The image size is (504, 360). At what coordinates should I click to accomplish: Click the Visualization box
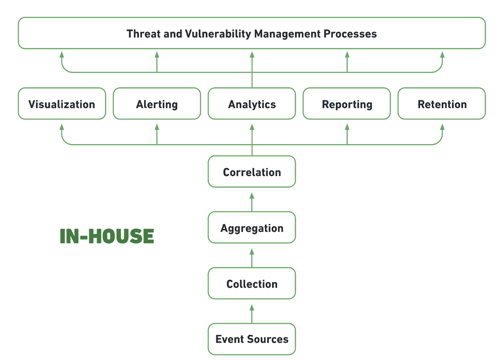62,104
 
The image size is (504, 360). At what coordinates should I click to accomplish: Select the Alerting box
157,104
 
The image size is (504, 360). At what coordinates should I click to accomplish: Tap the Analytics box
252,104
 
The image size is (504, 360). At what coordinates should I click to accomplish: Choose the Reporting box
347,104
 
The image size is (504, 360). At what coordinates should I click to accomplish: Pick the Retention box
442,104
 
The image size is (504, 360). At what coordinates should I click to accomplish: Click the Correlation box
252,172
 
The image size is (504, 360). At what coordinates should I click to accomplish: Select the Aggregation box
252,228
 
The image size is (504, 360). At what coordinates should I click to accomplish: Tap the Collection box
252,284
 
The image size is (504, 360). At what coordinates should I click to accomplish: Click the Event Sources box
252,339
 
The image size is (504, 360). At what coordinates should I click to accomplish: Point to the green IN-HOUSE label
107,236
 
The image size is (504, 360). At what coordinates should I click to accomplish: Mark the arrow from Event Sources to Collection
252,314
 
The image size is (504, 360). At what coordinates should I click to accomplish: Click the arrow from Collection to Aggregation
252,258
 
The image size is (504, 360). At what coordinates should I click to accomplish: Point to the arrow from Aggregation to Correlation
252,202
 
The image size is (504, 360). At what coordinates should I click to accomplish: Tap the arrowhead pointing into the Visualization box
62,126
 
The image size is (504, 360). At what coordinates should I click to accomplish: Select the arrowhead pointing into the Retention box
442,126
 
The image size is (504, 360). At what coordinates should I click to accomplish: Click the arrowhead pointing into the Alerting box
157,126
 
